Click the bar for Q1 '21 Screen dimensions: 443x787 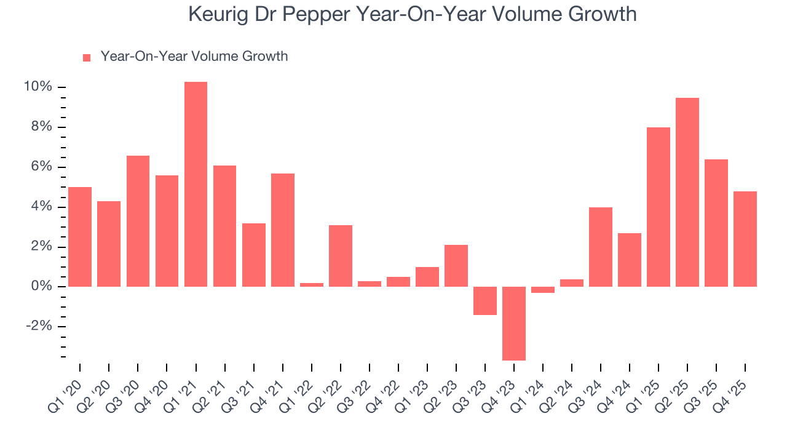pos(196,185)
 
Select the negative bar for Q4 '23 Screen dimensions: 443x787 pos(514,324)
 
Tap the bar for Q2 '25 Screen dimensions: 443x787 pos(687,193)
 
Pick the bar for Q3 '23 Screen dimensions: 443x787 pos(485,301)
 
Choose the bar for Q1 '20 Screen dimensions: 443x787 pos(80,237)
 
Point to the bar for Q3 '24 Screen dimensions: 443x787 pos(601,247)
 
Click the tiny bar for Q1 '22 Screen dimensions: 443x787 pos(312,285)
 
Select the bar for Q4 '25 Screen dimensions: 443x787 pos(745,239)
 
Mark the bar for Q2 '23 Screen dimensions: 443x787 pos(456,266)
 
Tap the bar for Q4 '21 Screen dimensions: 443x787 pos(283,230)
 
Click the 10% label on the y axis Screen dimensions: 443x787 pos(38,87)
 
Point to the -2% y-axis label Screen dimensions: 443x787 pos(39,327)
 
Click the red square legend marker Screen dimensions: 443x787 pos(87,58)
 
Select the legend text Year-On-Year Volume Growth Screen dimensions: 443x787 pos(194,57)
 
